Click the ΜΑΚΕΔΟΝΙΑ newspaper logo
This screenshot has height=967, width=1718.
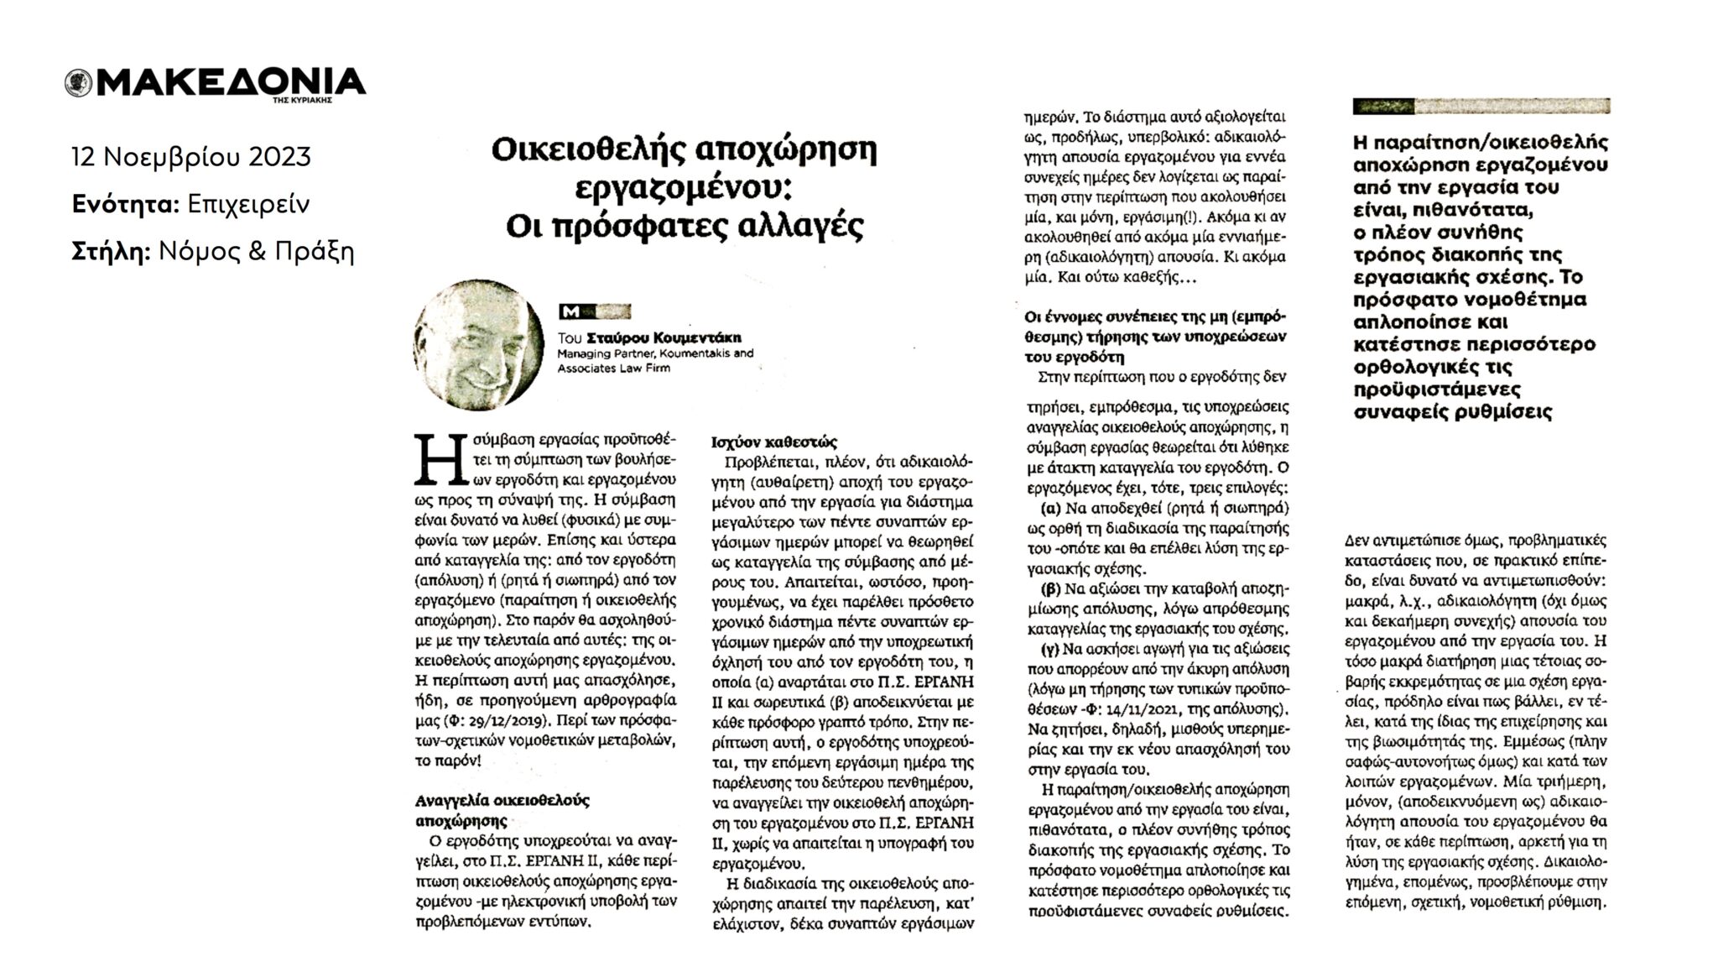[216, 83]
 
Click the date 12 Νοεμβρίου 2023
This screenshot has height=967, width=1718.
[191, 157]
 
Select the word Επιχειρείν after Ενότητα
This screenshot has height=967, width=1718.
[248, 204]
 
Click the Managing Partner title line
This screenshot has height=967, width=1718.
[654, 353]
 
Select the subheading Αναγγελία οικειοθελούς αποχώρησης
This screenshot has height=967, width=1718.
[502, 810]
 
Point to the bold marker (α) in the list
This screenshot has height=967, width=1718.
[1047, 509]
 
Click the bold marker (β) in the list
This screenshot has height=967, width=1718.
[1047, 588]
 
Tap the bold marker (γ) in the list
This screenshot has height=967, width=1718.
[1047, 649]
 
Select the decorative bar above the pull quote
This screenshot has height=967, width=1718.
[1481, 107]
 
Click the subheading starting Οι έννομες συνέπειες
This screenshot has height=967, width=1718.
[1154, 336]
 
